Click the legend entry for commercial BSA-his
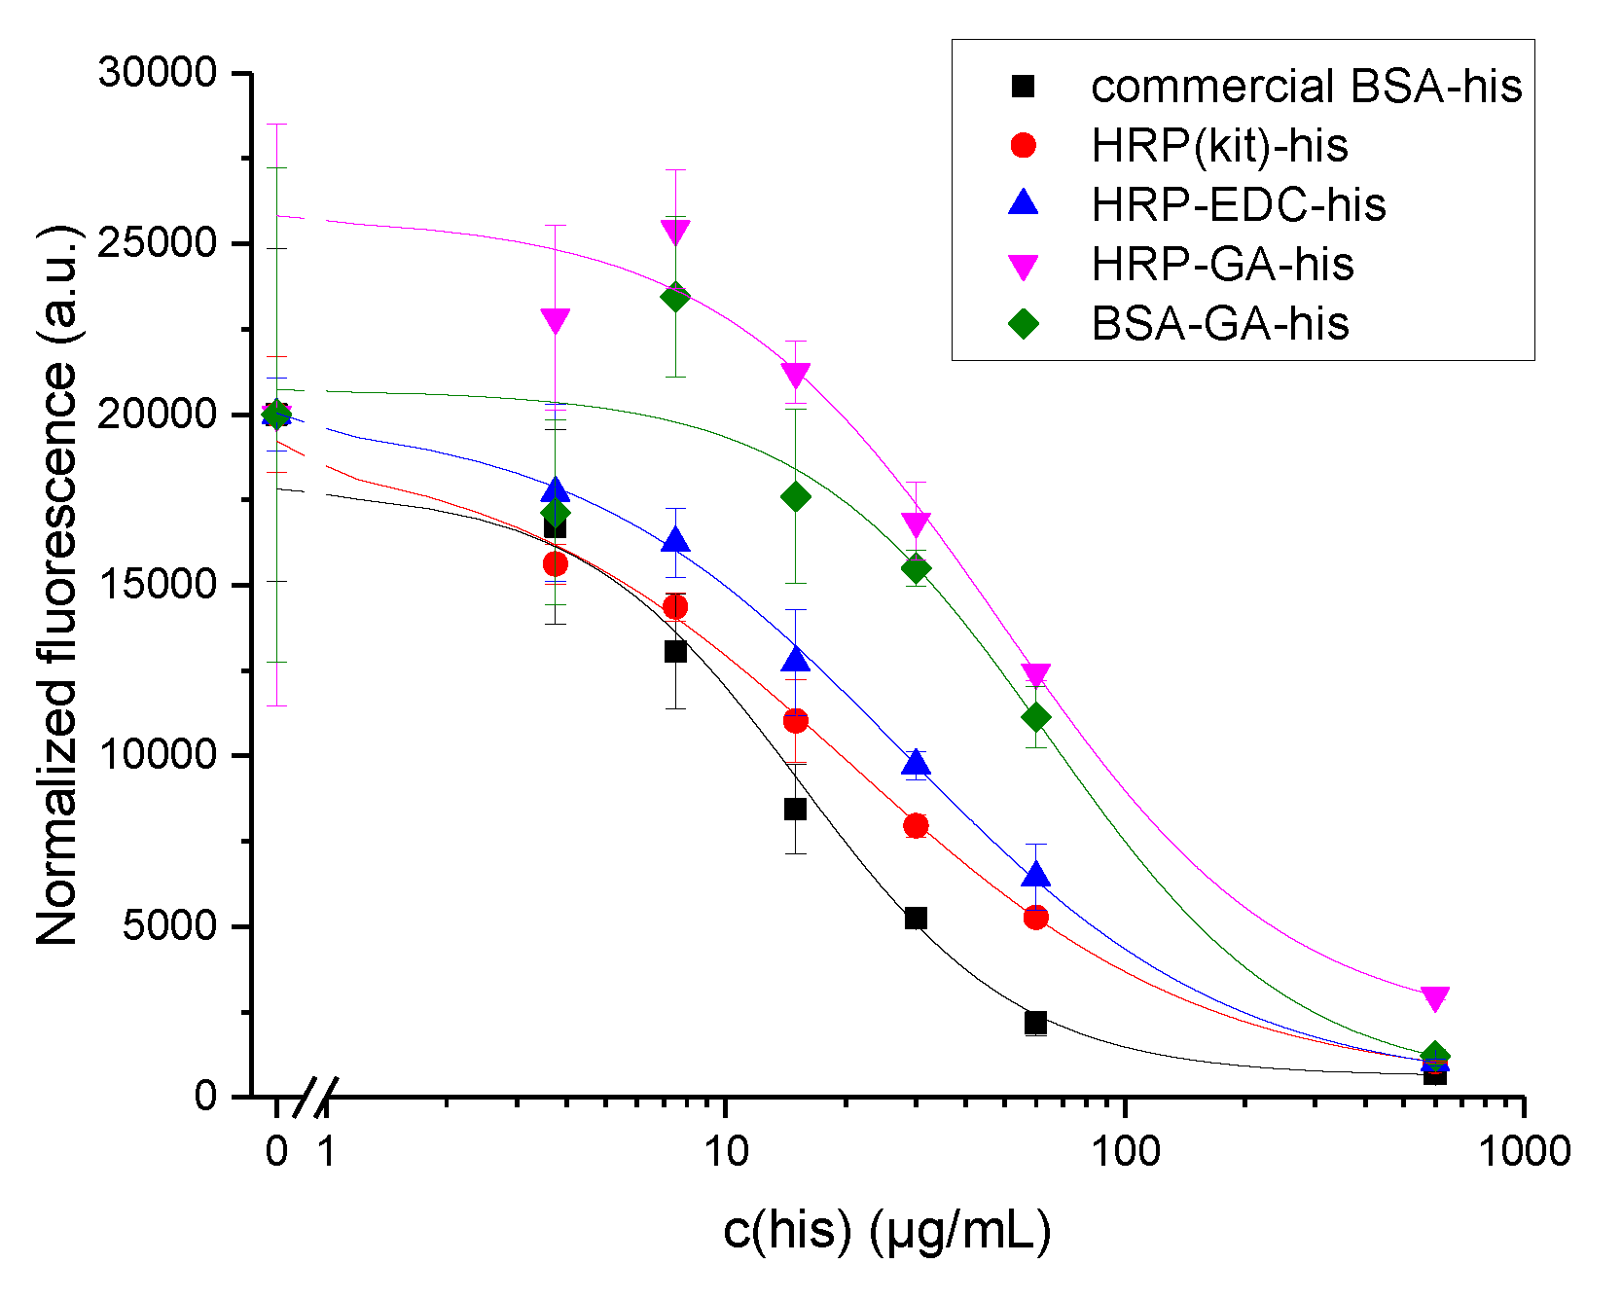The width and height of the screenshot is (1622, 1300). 1305,87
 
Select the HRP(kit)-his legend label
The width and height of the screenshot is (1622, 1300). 1219,146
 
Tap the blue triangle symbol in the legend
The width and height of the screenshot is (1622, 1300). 1024,203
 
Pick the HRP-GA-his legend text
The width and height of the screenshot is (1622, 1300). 1222,264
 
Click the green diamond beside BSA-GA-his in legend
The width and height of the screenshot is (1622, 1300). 1024,323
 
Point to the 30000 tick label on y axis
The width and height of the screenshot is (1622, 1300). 158,73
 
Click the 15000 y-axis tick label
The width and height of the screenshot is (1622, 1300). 158,584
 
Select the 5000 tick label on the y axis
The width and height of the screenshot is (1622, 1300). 169,925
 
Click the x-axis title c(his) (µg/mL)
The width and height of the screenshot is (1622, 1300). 886,1231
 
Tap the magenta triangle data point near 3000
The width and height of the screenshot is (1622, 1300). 1434,998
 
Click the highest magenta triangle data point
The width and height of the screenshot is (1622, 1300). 675,232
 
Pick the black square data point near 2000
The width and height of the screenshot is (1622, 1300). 1035,1023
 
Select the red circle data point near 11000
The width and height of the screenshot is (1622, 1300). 796,721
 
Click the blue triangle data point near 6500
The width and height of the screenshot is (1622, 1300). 1036,875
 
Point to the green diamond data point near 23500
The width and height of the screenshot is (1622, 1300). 675,297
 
